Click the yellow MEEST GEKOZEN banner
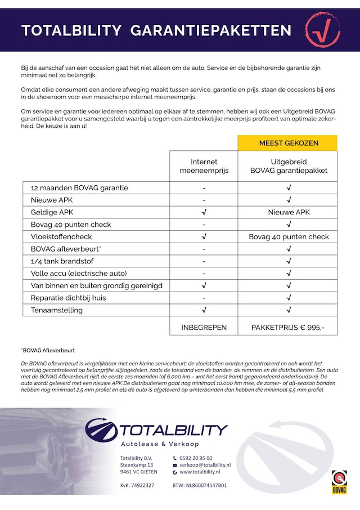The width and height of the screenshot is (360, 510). pos(288,143)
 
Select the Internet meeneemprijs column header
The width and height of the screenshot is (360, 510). pos(204,166)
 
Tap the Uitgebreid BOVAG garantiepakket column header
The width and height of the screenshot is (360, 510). pos(288,166)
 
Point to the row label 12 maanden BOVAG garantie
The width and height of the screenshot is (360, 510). pos(79,188)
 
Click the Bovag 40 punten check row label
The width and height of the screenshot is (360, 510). pos(71,225)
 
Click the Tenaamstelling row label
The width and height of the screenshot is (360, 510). pos(57,310)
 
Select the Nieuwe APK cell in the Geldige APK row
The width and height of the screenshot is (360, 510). pos(288,212)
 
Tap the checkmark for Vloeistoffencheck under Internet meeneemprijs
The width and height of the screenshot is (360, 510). pos(204,237)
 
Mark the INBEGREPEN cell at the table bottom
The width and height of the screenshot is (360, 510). pos(204,327)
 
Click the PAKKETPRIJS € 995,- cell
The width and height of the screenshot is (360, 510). pos(288,327)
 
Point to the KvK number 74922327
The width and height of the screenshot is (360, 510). pos(137,485)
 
